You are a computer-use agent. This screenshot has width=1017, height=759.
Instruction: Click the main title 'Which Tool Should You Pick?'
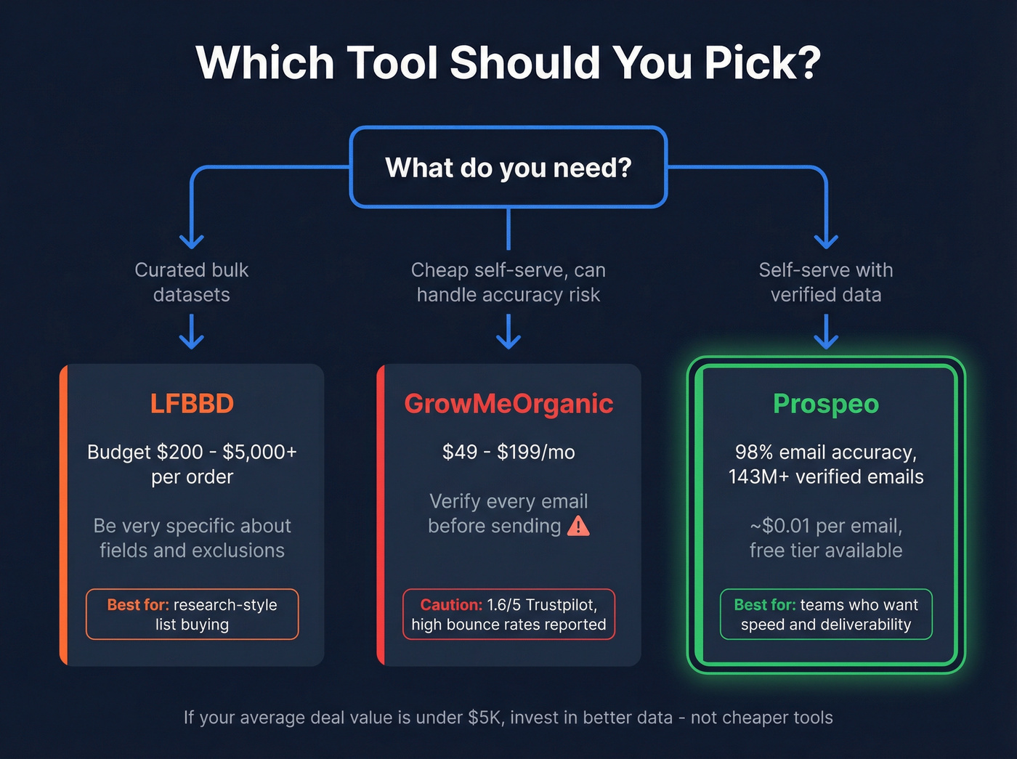tap(508, 62)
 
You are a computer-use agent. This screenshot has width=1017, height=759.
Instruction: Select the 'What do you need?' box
tap(508, 168)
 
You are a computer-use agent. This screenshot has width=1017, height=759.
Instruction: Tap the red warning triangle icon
tap(578, 525)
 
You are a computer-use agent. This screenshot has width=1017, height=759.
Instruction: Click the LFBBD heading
tap(192, 404)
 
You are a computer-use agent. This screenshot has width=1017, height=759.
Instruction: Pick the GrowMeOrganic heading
tap(508, 404)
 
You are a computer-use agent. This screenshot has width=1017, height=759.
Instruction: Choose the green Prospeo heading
tap(826, 404)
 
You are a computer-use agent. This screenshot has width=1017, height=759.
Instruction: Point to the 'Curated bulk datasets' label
tap(192, 282)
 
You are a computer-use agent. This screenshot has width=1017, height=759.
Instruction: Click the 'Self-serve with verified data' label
tap(826, 282)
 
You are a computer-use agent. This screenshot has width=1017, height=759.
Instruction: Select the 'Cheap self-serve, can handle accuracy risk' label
tap(508, 282)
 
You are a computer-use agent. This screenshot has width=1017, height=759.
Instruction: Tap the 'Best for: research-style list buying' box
tap(192, 614)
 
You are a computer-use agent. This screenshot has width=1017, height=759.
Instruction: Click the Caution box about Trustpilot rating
tap(508, 614)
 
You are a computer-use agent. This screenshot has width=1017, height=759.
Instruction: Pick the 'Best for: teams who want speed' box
tap(826, 614)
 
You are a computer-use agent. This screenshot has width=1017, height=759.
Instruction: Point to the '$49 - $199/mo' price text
tap(508, 452)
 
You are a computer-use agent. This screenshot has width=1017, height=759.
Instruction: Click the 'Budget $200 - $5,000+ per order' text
tap(192, 464)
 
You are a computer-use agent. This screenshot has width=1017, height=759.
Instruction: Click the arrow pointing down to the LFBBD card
tap(192, 332)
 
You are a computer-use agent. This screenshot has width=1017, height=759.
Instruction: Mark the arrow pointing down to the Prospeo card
tap(826, 332)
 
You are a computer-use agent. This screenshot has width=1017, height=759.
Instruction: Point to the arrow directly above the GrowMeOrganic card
tap(508, 332)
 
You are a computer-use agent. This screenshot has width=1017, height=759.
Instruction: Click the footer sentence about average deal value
tap(508, 718)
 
